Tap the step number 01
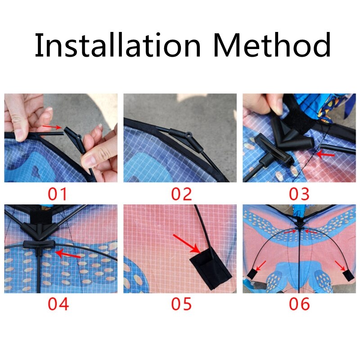58,194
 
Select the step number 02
181,194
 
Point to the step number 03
299,194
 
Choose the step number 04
58,304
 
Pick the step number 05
181,304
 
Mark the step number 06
299,304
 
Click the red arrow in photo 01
54,127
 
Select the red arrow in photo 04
67,255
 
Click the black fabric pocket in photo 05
210,267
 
